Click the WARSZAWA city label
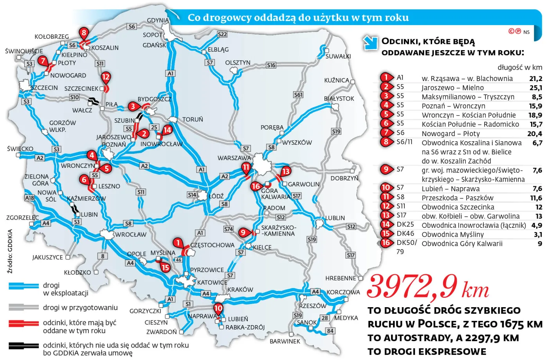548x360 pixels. tap(234, 158)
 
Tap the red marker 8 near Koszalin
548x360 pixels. tap(83, 33)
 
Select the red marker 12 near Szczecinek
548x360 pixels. tap(106, 77)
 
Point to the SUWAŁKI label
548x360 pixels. tap(338, 56)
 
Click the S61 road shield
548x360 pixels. tap(298, 95)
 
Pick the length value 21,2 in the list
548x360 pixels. tap(535, 79)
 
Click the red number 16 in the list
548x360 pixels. tap(386, 243)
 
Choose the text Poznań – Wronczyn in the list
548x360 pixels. tap(453, 106)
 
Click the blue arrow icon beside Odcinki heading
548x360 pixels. tap(370, 43)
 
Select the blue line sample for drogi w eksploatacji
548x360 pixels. tap(23, 286)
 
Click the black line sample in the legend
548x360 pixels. tap(23, 346)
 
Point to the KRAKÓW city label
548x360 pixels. tap(240, 290)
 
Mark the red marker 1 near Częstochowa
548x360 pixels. tap(178, 243)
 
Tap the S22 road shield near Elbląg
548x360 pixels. tap(222, 34)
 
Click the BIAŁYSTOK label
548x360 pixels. tap(339, 99)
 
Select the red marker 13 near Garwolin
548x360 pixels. tap(286, 171)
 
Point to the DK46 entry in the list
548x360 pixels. tap(405, 234)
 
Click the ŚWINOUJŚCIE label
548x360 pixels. tap(24, 51)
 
